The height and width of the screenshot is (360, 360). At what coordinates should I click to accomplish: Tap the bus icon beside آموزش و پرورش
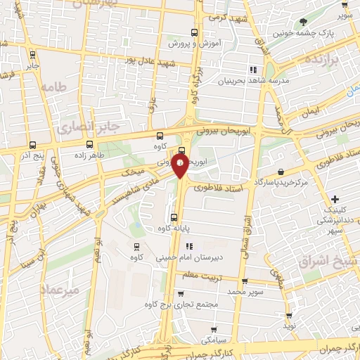tap(194, 32)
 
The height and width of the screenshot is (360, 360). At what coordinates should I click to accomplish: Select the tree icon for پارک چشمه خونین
tap(303, 22)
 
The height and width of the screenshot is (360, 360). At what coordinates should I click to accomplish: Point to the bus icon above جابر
tap(32, 54)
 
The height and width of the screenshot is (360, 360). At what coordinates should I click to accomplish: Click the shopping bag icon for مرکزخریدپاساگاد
tap(281, 171)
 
